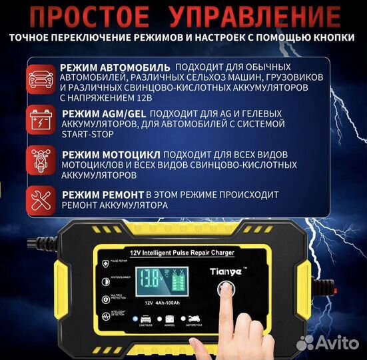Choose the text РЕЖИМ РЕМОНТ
pyautogui.click(x=101, y=193)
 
